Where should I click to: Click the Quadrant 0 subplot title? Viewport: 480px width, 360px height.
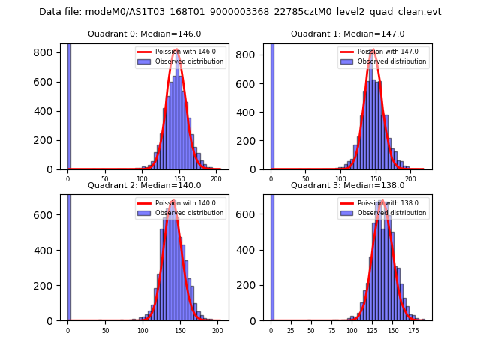[145, 34]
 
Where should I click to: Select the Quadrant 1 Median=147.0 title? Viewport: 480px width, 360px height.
[347, 34]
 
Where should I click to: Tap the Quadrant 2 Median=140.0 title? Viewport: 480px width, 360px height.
[145, 185]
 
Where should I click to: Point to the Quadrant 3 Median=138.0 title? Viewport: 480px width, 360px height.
[347, 185]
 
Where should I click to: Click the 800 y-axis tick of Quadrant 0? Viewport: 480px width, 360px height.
[46, 52]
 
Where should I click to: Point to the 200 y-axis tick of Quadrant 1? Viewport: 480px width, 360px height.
[250, 140]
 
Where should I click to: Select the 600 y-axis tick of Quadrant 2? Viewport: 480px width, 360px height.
[46, 215]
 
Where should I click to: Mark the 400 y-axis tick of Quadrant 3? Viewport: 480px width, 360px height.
[250, 250]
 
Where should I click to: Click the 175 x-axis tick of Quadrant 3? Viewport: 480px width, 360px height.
[412, 330]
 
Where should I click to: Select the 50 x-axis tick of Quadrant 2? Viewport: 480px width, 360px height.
[105, 330]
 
